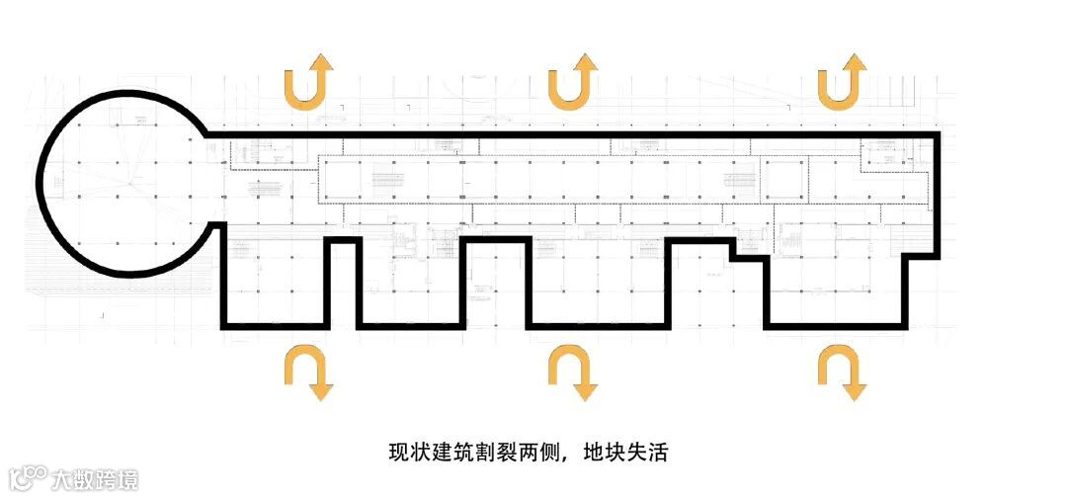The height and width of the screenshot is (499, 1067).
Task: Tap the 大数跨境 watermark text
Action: [96, 480]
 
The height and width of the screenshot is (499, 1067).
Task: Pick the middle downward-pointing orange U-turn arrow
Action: [575, 372]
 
